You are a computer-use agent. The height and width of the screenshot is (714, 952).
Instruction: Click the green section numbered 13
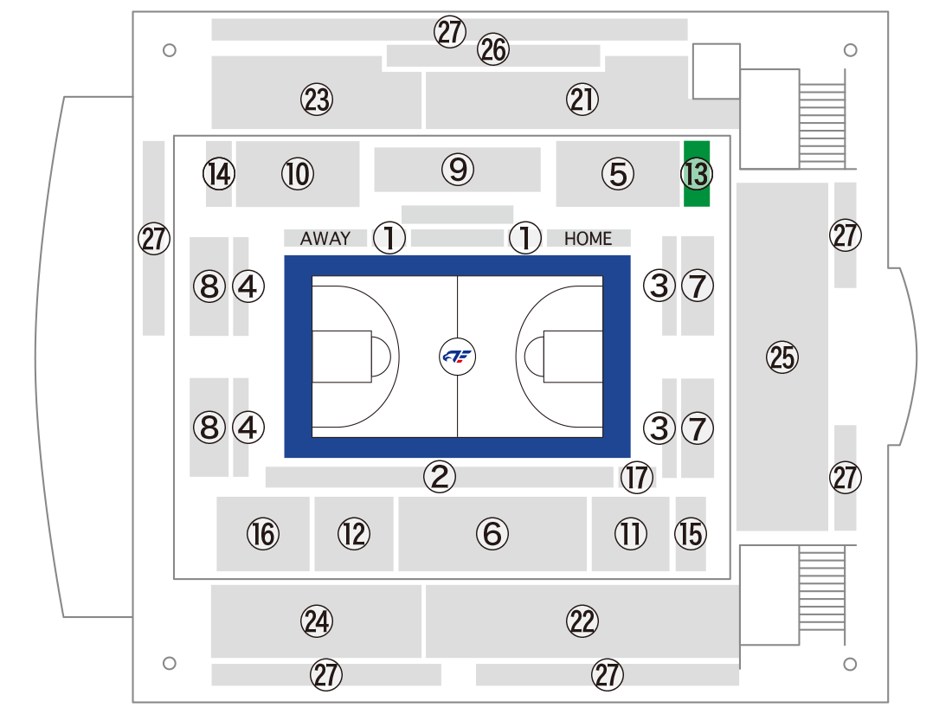coord(697,174)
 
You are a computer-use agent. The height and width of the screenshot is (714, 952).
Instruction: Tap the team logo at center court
coord(457,357)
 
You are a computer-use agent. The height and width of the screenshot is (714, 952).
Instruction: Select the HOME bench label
coord(588,239)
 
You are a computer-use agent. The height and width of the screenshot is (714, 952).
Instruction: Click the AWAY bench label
coord(325,239)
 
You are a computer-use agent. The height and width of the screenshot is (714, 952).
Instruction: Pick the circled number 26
coord(493,49)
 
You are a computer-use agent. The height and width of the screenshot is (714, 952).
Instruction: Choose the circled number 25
coord(782,357)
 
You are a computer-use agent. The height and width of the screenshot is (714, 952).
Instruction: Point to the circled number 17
coord(637,477)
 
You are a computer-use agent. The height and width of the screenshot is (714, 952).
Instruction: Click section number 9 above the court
coord(458,170)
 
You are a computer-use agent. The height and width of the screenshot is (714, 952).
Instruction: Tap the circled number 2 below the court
coord(440,477)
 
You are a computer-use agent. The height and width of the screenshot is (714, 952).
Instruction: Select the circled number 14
coord(219,174)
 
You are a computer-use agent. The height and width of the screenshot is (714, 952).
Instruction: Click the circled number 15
coord(691,534)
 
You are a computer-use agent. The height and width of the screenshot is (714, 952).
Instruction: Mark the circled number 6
coord(492,534)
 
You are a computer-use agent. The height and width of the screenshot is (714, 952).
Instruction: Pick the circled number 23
coord(317,100)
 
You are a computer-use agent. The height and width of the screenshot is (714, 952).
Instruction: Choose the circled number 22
coord(582,621)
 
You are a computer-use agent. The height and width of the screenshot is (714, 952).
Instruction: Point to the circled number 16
coord(263,534)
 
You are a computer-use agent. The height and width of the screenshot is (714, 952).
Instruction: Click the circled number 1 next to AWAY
coord(389,237)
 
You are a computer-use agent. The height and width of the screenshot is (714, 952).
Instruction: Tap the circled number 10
coord(298,174)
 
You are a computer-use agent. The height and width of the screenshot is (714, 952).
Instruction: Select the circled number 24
coord(317,621)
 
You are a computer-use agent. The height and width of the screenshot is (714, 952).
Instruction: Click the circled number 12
coord(354,534)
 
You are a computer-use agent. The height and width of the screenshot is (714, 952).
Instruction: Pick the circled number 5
coord(618,174)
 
